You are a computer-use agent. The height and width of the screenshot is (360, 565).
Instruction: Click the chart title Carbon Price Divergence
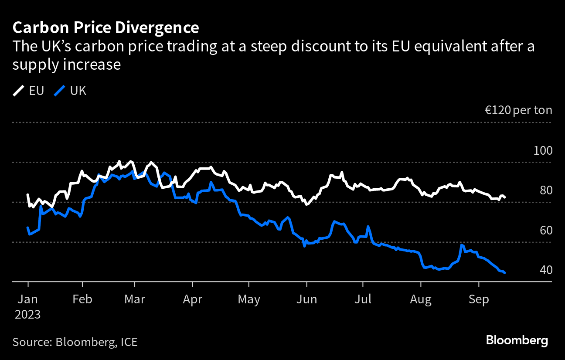click(106, 28)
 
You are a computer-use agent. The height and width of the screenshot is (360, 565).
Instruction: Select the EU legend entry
click(28, 91)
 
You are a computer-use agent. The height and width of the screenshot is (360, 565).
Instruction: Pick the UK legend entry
click(70, 91)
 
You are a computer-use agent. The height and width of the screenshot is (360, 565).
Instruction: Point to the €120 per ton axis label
click(519, 110)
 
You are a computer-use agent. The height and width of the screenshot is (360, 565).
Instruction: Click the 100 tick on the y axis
click(543, 150)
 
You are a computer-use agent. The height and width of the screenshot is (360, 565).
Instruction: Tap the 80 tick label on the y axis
click(546, 190)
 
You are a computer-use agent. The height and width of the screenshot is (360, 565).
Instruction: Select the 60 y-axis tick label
click(546, 231)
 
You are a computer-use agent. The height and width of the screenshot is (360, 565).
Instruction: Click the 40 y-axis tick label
click(546, 270)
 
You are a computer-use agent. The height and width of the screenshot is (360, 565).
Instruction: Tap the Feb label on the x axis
click(82, 299)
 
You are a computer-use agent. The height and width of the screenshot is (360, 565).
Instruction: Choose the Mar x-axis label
click(135, 299)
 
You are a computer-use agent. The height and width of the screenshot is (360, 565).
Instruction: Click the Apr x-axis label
click(193, 300)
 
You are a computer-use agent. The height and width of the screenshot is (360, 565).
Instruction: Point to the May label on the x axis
click(249, 300)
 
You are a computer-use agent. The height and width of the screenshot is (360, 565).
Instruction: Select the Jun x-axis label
click(307, 299)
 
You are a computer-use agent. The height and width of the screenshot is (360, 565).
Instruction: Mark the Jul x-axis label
click(363, 299)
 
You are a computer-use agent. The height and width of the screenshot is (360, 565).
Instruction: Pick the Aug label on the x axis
click(421, 300)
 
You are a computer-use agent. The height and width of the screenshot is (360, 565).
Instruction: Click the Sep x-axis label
click(479, 300)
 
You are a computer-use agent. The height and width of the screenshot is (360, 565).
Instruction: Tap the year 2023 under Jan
click(27, 315)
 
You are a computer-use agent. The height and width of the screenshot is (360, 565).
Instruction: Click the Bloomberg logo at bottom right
click(517, 341)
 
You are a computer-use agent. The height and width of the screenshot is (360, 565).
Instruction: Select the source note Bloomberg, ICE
click(96, 343)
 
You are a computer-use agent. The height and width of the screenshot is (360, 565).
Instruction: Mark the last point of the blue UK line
click(504, 273)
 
